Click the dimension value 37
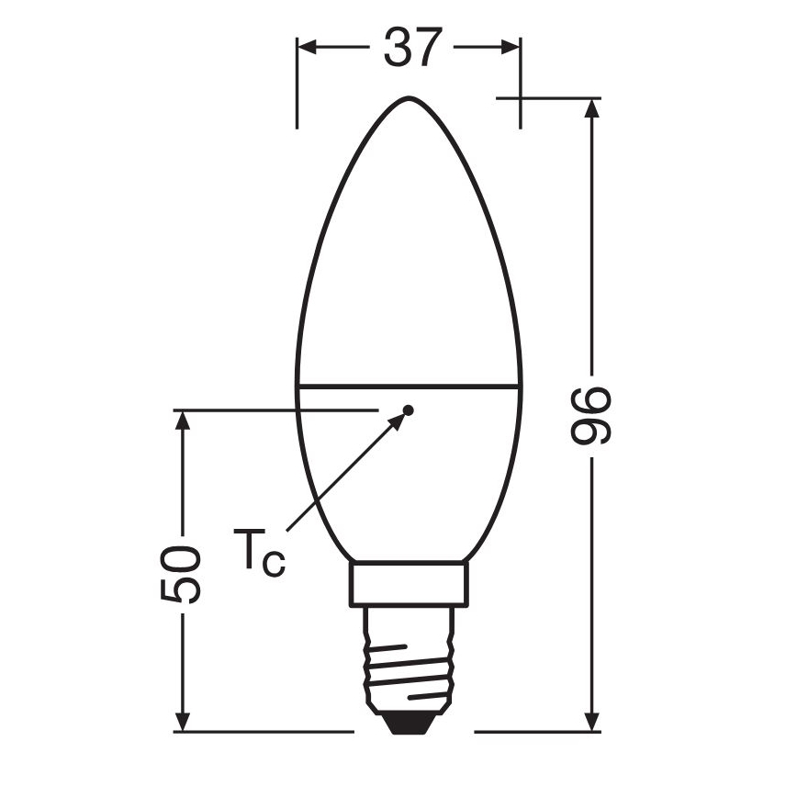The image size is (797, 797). (410, 47)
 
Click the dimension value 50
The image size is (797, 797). (180, 573)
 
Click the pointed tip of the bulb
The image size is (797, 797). (409, 97)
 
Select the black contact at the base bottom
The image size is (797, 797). (409, 724)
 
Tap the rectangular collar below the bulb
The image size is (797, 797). (410, 584)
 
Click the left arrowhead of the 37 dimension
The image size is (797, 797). (309, 47)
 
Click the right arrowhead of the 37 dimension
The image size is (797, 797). (510, 47)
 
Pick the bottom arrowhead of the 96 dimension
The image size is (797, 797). (592, 720)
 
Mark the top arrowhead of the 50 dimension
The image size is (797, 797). (185, 422)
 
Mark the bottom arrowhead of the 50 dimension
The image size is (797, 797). (185, 720)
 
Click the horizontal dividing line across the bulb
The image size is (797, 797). (409, 386)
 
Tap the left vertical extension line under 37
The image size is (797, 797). (297, 92)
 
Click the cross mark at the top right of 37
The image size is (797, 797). (521, 97)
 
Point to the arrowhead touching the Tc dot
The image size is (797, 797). (398, 420)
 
